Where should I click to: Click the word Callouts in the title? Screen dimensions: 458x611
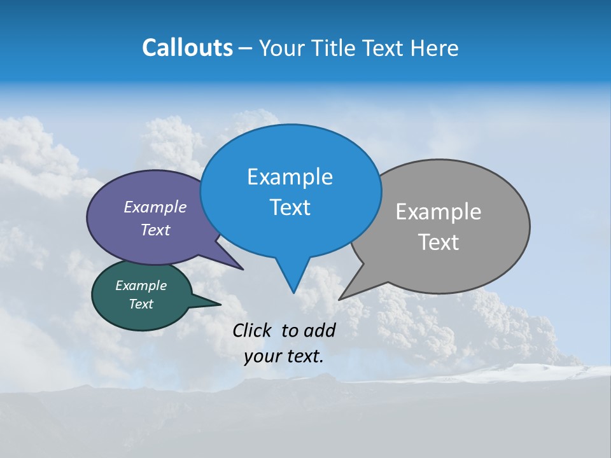pyautogui.click(x=187, y=48)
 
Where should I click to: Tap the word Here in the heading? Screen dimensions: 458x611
pyautogui.click(x=433, y=48)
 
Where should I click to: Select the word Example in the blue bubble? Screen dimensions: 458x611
pyautogui.click(x=290, y=177)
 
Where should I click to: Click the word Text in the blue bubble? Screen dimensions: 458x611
pyautogui.click(x=290, y=207)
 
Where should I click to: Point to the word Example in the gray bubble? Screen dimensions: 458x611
pyautogui.click(x=439, y=212)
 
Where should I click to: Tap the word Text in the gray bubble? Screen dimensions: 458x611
pyautogui.click(x=439, y=242)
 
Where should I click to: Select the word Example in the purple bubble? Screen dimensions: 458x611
pyautogui.click(x=155, y=207)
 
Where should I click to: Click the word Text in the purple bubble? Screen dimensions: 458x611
pyautogui.click(x=155, y=230)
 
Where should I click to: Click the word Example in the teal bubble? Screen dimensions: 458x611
pyautogui.click(x=141, y=286)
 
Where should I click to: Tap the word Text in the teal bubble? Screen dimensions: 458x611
pyautogui.click(x=141, y=304)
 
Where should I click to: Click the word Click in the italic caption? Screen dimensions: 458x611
pyautogui.click(x=253, y=330)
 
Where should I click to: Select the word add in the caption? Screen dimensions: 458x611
pyautogui.click(x=319, y=330)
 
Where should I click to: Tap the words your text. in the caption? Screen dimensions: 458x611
pyautogui.click(x=284, y=356)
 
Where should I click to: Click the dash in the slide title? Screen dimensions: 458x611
pyautogui.click(x=246, y=48)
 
